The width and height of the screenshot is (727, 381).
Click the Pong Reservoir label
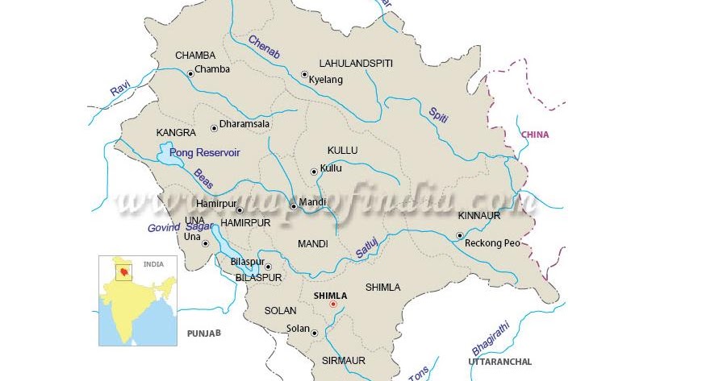pos(205,152)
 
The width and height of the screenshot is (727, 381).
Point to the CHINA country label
pos(535,135)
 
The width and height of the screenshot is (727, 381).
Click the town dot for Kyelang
pos(304,74)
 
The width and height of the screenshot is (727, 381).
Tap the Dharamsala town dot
pos(214,127)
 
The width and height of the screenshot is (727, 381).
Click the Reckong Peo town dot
pos(459,236)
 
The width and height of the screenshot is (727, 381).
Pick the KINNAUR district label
pos(479,216)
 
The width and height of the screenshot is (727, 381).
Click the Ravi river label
pos(120,89)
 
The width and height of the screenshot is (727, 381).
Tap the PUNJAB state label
pos(204,333)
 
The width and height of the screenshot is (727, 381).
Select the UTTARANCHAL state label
pos(500,362)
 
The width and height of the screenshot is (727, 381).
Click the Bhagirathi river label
pos(491,338)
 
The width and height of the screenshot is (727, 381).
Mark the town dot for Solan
pos(314,332)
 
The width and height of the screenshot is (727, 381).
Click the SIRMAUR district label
pos(344,360)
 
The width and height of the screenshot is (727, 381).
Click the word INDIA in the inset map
pos(153,264)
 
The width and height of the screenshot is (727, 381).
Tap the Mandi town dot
pos(294,206)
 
